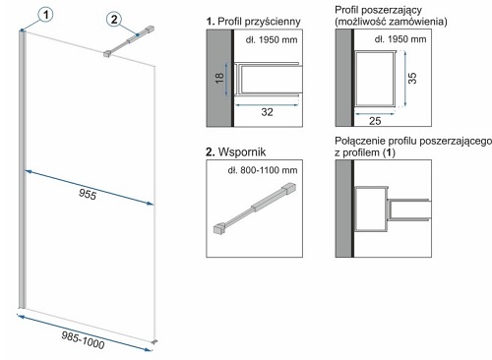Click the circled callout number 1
[45, 15]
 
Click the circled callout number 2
[114, 19]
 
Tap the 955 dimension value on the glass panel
[88, 195]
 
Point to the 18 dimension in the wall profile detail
[219, 78]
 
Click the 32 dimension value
[267, 112]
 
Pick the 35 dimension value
[412, 78]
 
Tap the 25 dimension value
[375, 121]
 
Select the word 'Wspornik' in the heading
[242, 151]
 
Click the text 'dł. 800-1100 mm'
[263, 170]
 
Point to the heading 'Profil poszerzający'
[378, 10]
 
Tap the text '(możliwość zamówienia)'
[391, 22]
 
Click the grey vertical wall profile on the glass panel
[22, 169]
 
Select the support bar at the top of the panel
[129, 41]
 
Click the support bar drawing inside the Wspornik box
[255, 208]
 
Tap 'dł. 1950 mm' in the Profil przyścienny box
[272, 40]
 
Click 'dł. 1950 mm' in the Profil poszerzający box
[400, 39]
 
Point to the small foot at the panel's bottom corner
[155, 341]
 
